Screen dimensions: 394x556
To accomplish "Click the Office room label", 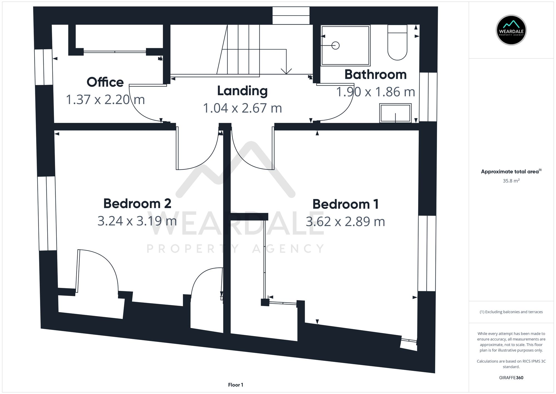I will [105, 82].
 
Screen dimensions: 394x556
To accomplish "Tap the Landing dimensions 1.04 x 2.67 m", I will [242, 108].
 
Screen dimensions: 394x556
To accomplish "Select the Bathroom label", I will [375, 75].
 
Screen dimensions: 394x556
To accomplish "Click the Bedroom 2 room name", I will [137, 204].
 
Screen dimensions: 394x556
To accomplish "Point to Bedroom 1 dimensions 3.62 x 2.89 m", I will [345, 222].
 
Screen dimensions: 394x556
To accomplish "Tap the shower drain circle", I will [336, 45].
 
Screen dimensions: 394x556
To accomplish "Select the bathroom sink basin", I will [395, 113].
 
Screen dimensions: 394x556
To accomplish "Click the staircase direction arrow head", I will [286, 71].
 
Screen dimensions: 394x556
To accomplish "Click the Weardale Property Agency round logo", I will [511, 30].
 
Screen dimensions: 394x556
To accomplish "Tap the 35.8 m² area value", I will [511, 181].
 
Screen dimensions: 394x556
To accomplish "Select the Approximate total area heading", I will [511, 172].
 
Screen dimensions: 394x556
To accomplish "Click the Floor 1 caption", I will [235, 385].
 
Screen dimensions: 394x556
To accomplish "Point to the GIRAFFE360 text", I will [511, 378].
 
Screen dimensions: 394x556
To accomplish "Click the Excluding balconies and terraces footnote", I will [511, 312].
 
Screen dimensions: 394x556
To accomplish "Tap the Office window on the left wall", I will [44, 67].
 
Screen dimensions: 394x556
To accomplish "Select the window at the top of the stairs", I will [291, 16].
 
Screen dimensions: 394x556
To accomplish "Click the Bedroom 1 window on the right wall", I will [427, 253].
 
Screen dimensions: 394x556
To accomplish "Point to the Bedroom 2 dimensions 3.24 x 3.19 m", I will [137, 221].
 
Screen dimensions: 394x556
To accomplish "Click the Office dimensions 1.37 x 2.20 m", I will [105, 100].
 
